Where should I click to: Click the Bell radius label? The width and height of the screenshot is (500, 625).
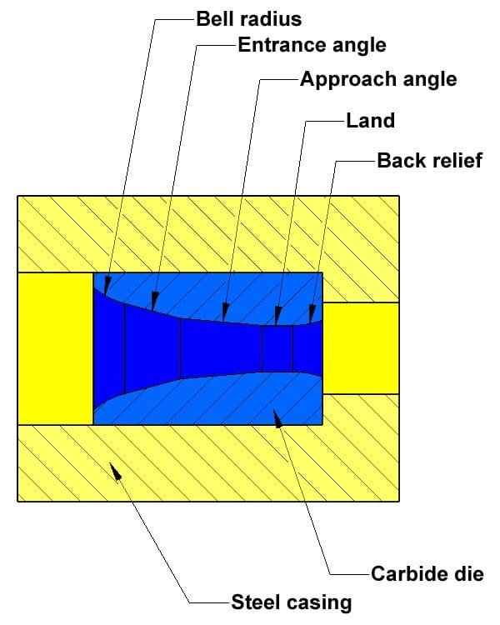(x=249, y=19)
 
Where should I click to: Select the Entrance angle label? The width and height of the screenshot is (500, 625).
(x=312, y=45)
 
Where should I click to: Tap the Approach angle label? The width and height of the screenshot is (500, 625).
(x=378, y=80)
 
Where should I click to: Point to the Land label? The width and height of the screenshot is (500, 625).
(x=370, y=120)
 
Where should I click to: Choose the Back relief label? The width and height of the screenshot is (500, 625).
(x=429, y=160)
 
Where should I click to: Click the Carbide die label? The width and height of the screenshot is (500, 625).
(x=427, y=574)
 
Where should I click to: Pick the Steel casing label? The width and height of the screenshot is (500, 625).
(x=292, y=602)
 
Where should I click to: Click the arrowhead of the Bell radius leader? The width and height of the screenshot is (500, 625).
(x=107, y=286)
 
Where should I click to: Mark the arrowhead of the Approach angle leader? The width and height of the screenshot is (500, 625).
(x=225, y=312)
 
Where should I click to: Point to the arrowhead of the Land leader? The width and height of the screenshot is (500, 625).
(x=277, y=316)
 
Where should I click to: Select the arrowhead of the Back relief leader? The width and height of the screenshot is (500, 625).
(x=312, y=313)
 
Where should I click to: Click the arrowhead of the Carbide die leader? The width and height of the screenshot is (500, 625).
(x=277, y=419)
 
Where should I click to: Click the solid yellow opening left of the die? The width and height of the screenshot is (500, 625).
(x=56, y=349)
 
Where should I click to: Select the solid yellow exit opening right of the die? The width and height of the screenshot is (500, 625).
(x=361, y=348)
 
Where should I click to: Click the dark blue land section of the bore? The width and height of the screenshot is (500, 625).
(x=277, y=348)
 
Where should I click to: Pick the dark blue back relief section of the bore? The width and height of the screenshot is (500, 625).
(x=307, y=348)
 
